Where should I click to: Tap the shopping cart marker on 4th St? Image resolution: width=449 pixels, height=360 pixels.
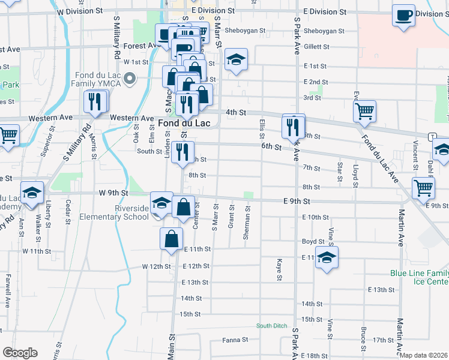[x=364, y=111]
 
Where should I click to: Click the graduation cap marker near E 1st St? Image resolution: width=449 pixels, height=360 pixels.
[x=237, y=59]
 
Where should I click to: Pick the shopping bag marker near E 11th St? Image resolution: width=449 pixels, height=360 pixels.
[x=172, y=238]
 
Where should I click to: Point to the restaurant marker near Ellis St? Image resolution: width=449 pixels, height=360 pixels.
[x=294, y=125]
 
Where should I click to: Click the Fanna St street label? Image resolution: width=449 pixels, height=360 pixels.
[x=235, y=340]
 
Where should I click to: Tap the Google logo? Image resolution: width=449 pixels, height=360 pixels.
[x=20, y=353]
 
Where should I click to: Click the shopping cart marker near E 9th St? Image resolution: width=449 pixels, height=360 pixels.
[x=424, y=187]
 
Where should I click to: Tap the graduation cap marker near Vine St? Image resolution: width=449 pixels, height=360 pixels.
[x=327, y=257]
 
